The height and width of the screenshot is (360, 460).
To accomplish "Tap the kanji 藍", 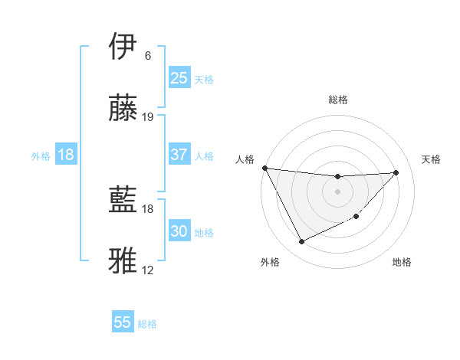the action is tap(123, 200).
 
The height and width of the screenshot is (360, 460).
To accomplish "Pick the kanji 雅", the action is tap(123, 261).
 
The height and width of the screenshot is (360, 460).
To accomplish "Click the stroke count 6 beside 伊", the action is tap(147, 56).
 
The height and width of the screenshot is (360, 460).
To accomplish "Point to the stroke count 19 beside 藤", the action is tap(148, 117).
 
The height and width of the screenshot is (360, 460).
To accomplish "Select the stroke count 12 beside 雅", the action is tap(148, 270).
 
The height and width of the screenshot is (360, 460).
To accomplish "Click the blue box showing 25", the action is tap(179, 77).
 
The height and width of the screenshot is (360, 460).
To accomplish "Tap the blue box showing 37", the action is tap(179, 155).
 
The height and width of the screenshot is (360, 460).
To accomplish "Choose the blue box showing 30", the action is tap(179, 231).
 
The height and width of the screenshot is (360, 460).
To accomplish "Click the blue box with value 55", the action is tap(123, 322).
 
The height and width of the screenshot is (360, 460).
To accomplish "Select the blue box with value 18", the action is tap(66, 155).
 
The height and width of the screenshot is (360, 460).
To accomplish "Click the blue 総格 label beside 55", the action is tap(147, 324).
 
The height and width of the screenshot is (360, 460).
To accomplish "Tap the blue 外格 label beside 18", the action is tap(41, 156).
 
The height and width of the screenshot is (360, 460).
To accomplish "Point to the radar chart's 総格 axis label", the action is tap(337, 100).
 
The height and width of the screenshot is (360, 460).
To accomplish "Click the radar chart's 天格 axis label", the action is tap(431, 159).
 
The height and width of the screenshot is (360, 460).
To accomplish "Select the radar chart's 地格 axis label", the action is tap(402, 262).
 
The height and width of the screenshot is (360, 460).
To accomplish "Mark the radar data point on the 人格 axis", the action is tap(265, 168).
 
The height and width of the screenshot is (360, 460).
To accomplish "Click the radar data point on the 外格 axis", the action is tap(301, 242).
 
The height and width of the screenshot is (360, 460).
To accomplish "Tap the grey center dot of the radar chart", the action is tap(337, 191).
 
